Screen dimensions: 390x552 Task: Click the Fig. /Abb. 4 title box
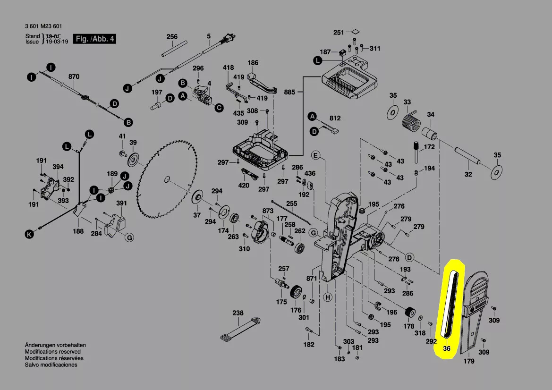tap(94, 39)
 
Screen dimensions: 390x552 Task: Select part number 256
tap(172, 36)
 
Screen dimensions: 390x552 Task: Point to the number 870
tap(74, 76)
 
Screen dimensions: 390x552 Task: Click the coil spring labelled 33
tap(410, 121)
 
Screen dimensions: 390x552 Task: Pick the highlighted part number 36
tap(447, 349)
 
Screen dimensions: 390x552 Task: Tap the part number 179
tap(469, 362)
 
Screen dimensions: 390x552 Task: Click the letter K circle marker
tap(29, 233)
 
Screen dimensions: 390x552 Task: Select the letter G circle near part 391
tap(128, 237)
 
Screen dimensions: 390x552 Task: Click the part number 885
tap(289, 92)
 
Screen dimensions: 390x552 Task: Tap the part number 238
tap(238, 313)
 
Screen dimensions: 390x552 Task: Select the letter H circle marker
tap(328, 297)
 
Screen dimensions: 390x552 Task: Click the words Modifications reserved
tap(52, 352)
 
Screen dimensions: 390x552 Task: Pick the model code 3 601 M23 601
tap(43, 26)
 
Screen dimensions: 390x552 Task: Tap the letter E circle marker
tap(316, 155)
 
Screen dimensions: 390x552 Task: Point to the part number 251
tap(339, 32)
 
